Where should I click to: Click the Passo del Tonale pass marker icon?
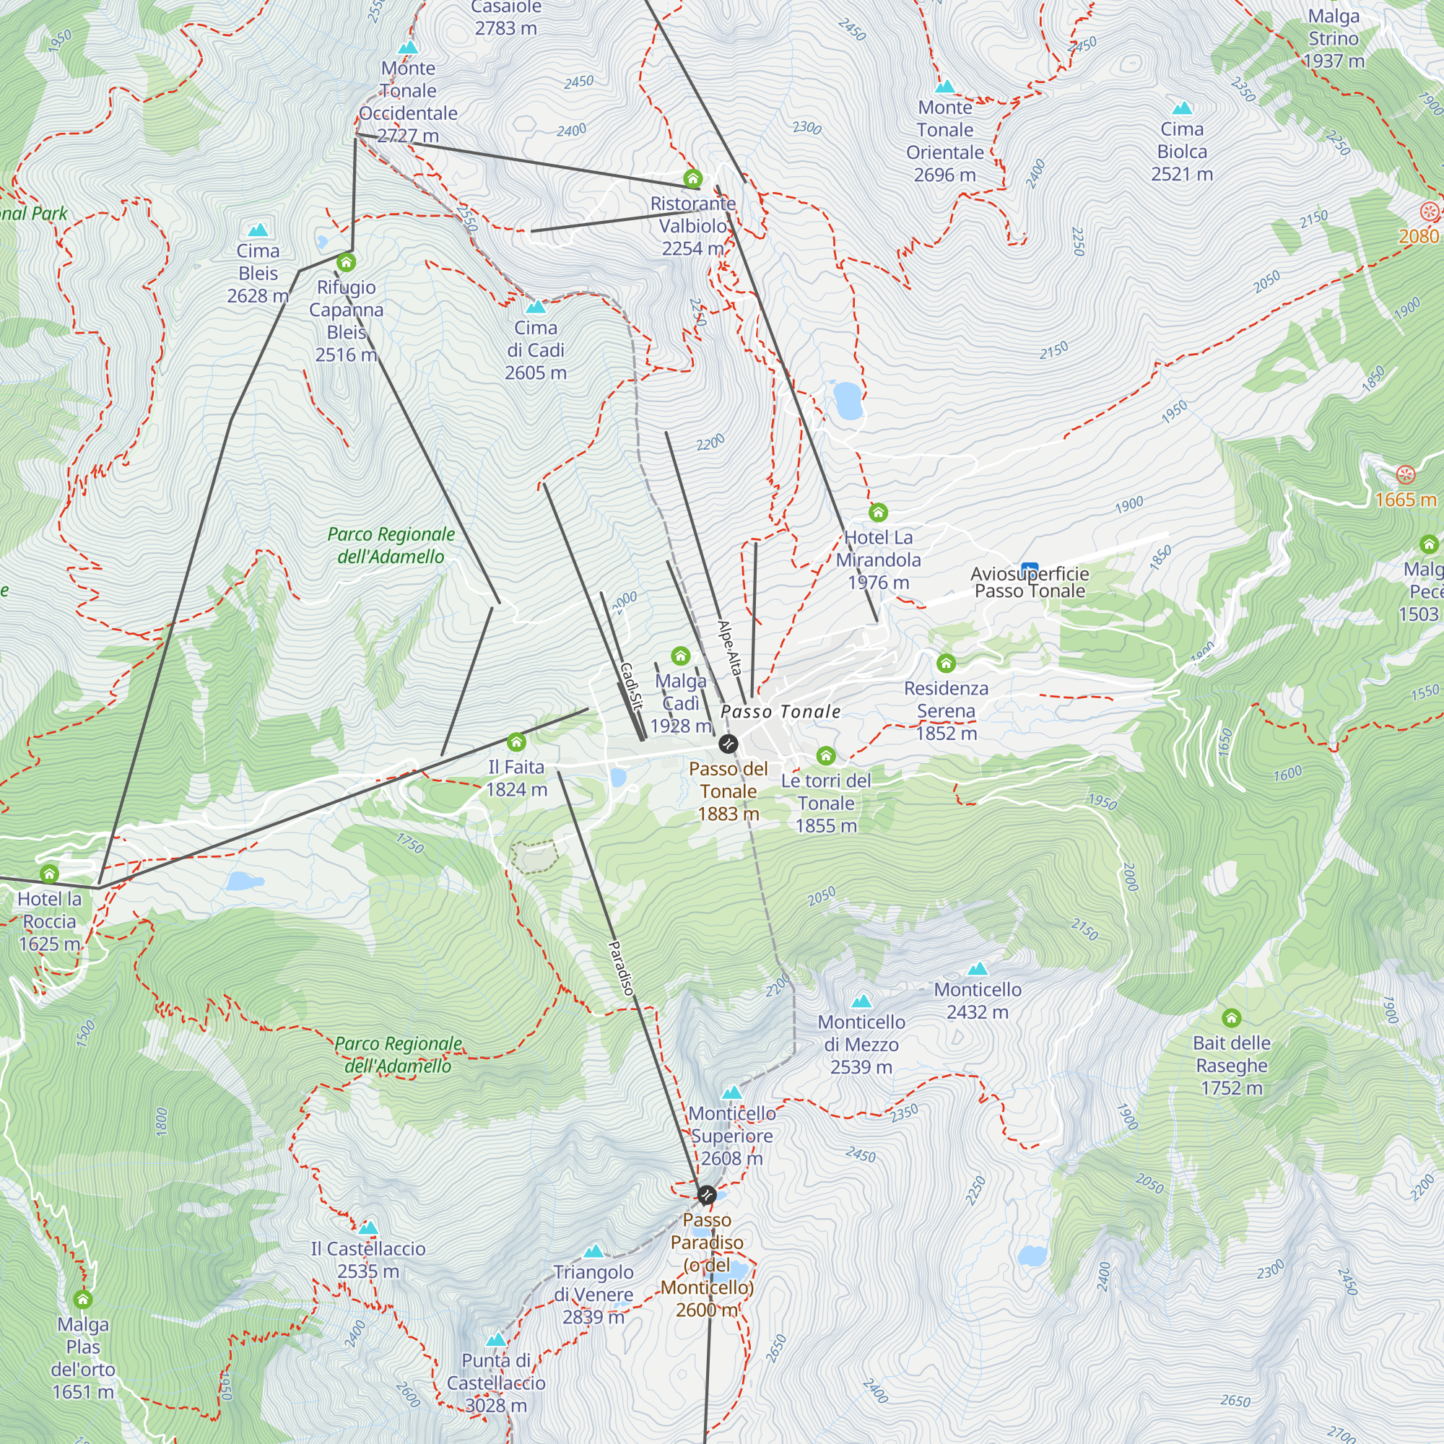pos(728,744)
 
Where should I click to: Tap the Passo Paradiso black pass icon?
pos(706,1195)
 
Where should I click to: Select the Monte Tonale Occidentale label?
pos(408,102)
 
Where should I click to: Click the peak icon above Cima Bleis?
pos(258,230)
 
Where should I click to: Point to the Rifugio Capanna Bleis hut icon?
pos(346,262)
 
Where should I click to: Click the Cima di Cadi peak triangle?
pos(536,306)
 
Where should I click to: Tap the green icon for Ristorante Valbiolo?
pos(693,178)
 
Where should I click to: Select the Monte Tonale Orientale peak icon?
pos(946,86)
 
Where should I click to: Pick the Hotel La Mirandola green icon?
pos(878,512)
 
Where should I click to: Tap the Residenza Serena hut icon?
pos(947,663)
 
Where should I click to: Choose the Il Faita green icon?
pos(516,742)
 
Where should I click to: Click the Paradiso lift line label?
pos(621,968)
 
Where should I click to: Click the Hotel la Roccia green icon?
pos(49,873)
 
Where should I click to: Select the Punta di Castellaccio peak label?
pos(495,1383)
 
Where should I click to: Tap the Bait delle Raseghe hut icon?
pos(1231,1018)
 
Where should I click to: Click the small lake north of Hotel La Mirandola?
pos(848,400)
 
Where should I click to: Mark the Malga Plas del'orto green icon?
pos(83,1299)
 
